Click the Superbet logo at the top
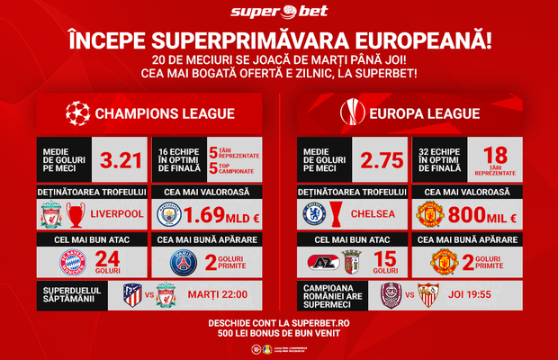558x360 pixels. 278,12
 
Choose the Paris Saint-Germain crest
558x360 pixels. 185,262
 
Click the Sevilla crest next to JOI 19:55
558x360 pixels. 428,296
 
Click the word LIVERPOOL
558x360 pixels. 115,216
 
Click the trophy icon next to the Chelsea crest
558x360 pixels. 337,215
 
